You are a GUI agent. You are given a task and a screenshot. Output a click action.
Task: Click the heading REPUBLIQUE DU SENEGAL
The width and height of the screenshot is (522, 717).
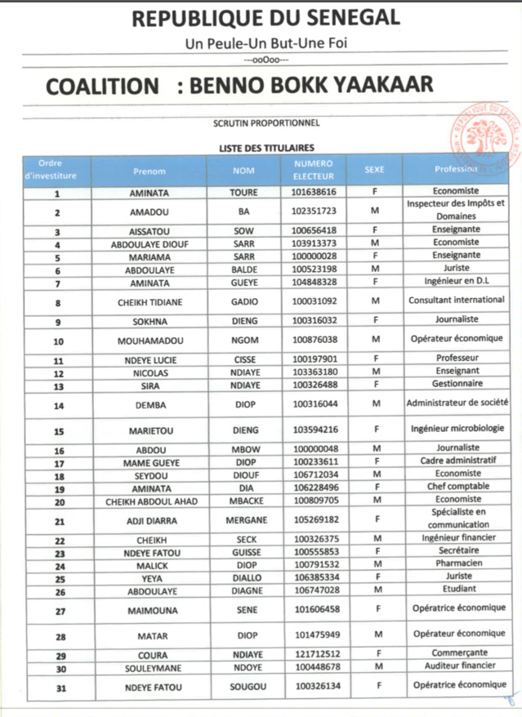point(265,17)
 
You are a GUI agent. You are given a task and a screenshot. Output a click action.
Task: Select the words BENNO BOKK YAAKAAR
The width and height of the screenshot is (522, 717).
point(311,86)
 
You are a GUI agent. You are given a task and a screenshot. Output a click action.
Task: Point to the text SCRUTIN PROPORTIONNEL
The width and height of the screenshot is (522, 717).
point(265,124)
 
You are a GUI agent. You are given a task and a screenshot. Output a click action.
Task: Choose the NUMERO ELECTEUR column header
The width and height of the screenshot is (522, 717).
point(314,170)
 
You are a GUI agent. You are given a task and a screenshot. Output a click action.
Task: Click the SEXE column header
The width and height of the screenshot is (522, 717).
point(374,170)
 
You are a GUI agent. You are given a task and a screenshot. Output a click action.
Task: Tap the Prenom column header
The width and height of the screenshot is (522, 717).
point(149,171)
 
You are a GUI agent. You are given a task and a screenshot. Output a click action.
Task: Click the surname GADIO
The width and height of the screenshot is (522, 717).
point(244,301)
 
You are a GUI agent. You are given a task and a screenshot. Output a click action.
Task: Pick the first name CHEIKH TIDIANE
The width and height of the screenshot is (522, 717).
point(148,301)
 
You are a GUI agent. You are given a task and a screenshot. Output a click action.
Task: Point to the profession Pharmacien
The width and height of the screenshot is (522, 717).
point(457,564)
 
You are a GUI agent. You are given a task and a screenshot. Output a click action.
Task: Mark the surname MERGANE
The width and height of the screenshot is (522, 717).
point(244,519)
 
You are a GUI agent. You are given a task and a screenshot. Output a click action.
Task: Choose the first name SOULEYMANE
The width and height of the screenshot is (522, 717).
point(148,668)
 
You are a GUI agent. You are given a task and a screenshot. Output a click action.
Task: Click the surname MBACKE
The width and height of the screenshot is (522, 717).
point(244,501)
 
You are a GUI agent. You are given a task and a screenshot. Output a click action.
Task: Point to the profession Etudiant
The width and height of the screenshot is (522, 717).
point(457,590)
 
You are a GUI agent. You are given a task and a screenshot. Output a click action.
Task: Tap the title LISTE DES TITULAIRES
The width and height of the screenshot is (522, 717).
point(265,148)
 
